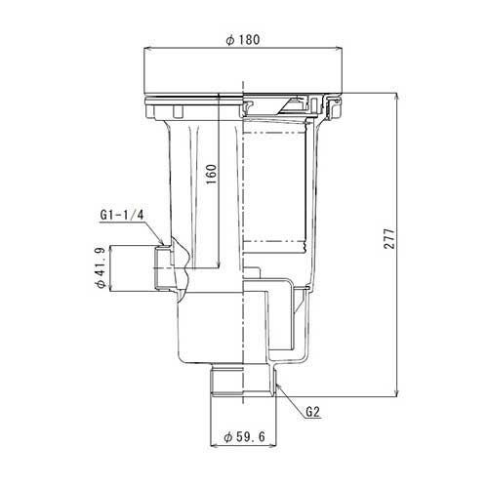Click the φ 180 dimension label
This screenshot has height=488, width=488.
click(x=243, y=40)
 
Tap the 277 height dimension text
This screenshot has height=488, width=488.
click(x=388, y=239)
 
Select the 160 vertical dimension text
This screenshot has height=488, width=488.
click(x=212, y=174)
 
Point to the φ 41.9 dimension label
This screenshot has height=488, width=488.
click(x=100, y=267)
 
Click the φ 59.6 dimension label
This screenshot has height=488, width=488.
click(x=245, y=436)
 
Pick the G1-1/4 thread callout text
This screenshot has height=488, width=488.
click(x=122, y=215)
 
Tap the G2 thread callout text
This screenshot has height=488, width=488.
click(x=313, y=413)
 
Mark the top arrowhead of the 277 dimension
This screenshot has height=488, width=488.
click(x=396, y=97)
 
